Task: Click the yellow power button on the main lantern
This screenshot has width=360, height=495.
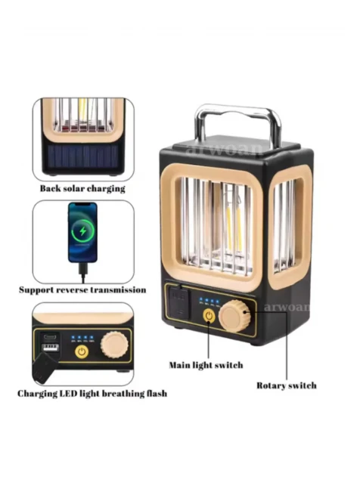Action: [209, 316]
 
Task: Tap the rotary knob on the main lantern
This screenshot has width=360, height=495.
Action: [234, 316]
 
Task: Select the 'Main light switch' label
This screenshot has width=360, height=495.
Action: [206, 365]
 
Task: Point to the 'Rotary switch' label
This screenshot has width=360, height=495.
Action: [287, 385]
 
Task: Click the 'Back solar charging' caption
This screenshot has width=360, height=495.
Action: [82, 188]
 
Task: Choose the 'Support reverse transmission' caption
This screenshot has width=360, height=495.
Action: [82, 289]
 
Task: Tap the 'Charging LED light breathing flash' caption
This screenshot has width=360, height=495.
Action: [92, 394]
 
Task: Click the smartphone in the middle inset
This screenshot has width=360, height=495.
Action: [82, 232]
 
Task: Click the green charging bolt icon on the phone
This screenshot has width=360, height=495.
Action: [82, 231]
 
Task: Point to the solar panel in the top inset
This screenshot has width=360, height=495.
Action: [83, 156]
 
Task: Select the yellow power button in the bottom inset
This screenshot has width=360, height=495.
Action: [82, 351]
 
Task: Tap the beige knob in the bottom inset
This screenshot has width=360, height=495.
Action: [114, 345]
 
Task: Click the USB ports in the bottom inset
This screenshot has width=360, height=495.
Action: [51, 342]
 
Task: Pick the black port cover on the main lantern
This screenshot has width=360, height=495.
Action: [179, 302]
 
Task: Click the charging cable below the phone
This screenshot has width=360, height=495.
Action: [82, 272]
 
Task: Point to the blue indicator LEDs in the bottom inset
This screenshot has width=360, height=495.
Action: [82, 338]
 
